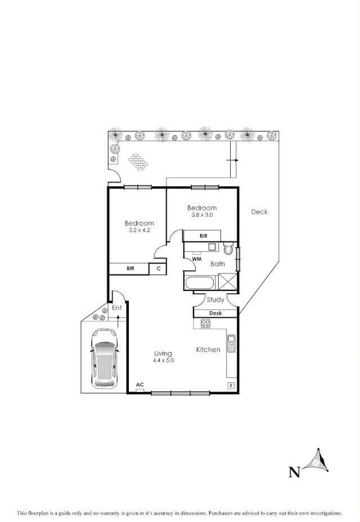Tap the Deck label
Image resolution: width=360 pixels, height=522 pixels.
pos(259,212)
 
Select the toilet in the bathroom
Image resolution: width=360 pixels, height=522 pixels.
pos(228,248)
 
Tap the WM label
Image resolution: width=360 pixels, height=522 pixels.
pos(197,259)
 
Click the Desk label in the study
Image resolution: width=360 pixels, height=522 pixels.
pos(215,313)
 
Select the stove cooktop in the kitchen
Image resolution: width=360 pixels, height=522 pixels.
pos(205,323)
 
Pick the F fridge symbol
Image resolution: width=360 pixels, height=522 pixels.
pos(230,385)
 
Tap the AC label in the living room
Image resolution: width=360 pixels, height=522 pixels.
pos(140,385)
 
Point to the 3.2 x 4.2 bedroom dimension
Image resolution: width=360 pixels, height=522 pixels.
pos(139,230)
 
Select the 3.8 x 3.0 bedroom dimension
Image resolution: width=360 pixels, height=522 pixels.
pos(202,215)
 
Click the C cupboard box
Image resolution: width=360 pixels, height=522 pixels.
pos(159,269)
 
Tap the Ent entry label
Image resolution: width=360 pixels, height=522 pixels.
pos(116,308)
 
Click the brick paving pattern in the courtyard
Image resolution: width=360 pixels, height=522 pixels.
pos(138,162)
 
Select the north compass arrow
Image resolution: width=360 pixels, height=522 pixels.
pos(316,461)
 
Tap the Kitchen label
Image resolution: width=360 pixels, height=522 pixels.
pos(208,350)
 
